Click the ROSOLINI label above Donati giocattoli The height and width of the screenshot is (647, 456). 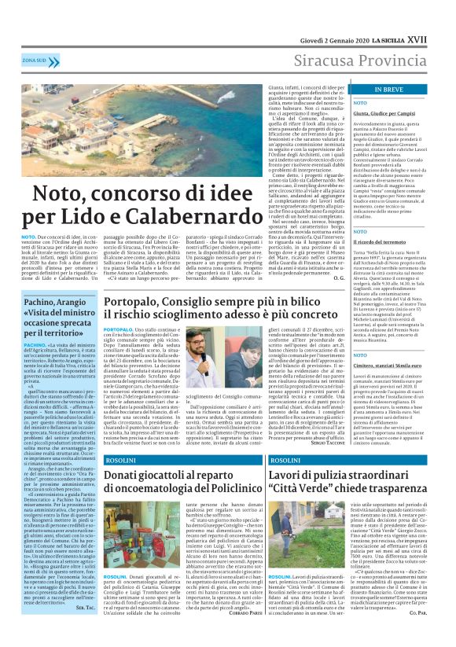click(x=117, y=460)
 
